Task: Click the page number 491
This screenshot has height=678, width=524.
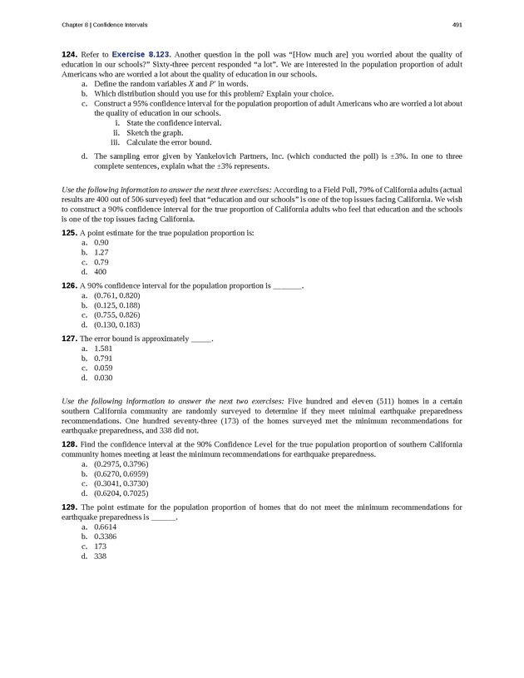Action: [457, 22]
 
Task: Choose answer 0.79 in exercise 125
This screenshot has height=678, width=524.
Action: [101, 262]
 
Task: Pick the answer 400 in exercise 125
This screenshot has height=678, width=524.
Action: [100, 272]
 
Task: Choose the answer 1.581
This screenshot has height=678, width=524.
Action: [103, 349]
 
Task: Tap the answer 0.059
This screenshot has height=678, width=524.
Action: [103, 368]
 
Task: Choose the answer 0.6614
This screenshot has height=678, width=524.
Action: [106, 527]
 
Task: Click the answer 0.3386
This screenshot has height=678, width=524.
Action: [106, 537]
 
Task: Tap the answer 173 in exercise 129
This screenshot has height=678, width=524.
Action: [100, 547]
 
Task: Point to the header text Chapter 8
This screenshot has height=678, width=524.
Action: [78, 22]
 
